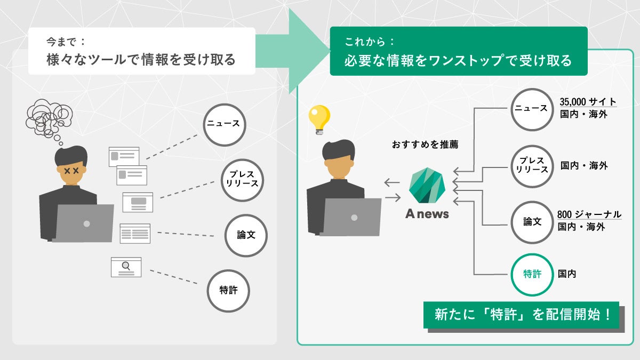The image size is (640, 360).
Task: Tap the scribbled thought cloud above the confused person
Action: [49, 117]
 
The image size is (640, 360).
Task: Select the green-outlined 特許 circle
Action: [532, 274]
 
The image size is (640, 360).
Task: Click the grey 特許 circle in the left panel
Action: [228, 291]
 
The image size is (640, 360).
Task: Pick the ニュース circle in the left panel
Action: [224, 125]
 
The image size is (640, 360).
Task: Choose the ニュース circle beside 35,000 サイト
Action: [531, 109]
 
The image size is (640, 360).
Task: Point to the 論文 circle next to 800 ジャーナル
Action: [532, 222]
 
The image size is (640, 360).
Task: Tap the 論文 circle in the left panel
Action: [246, 235]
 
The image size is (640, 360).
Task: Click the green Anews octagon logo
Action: [427, 185]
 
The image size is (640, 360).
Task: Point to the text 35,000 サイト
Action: [588, 102]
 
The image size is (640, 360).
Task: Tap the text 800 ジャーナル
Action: [589, 215]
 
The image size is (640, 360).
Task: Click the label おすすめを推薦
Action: [425, 144]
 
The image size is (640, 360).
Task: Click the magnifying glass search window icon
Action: [126, 267]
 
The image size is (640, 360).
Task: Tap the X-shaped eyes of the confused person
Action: [71, 171]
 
